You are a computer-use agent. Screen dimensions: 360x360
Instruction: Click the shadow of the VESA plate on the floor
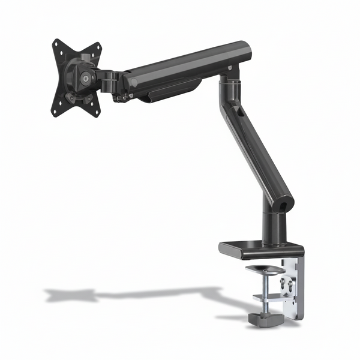point(72,295)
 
